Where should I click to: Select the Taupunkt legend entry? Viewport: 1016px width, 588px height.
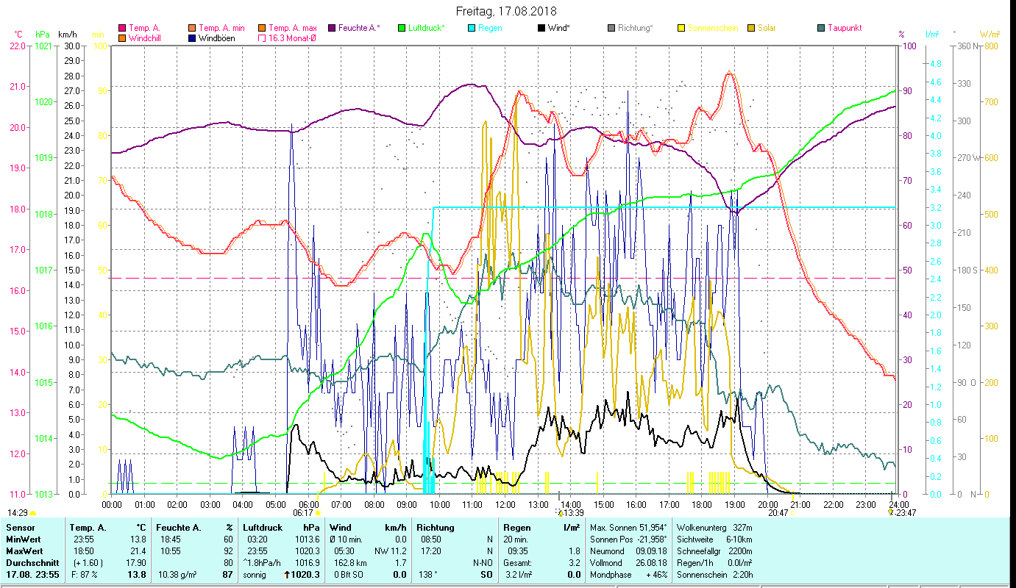tap(844, 28)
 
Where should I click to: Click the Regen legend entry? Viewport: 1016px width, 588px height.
tap(490, 28)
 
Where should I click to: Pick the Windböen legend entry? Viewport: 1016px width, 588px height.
tap(217, 37)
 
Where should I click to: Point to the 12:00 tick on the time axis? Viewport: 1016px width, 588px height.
tap(505, 504)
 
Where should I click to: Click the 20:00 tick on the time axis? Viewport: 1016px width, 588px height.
tap(767, 504)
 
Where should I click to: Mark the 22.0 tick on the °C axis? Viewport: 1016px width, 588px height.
tap(18, 46)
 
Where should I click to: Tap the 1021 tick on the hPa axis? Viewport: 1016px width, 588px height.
tap(43, 46)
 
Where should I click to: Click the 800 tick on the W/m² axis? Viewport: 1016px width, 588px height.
tap(991, 46)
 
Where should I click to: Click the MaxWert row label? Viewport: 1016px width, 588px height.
tap(25, 551)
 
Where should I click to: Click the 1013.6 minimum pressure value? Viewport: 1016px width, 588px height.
tap(307, 539)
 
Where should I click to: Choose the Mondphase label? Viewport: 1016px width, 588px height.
tap(611, 574)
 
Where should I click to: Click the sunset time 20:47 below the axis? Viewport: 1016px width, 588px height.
tap(778, 513)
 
